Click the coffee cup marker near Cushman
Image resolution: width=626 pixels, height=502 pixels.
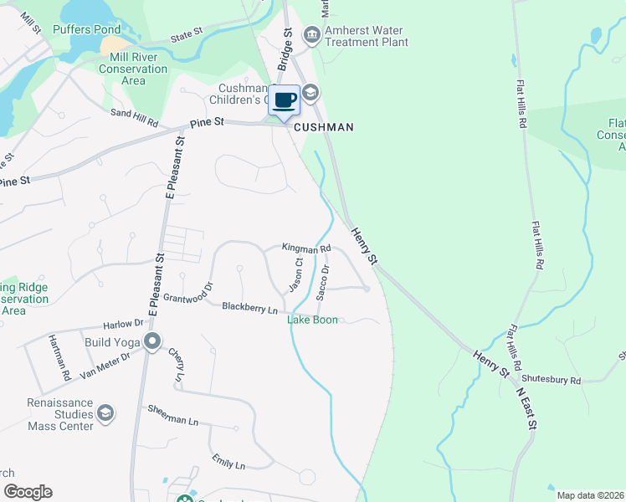coord(285,100)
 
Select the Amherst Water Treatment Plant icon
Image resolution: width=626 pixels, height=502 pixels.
coord(311,34)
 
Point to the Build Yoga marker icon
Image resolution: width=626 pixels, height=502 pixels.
coord(151,341)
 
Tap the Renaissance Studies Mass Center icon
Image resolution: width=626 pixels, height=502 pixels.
coord(105,413)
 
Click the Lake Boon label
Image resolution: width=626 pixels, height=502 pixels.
coord(312,320)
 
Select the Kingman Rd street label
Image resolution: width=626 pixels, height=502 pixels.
coord(306,248)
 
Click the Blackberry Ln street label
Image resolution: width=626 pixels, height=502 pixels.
coord(249,307)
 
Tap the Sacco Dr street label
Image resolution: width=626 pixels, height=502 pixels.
coord(323,281)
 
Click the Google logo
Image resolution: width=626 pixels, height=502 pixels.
coord(27,492)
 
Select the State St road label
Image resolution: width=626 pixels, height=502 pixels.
coord(187,37)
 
